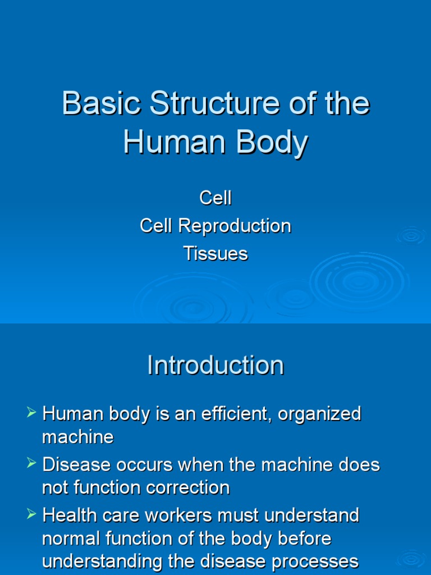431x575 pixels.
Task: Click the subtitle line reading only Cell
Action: coord(215,198)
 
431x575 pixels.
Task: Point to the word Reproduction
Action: coord(235,226)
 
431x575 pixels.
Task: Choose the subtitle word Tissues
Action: coord(215,254)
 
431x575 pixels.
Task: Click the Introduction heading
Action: coord(215,366)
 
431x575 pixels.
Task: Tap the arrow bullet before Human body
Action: coord(32,414)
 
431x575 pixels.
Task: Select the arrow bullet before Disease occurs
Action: coord(32,464)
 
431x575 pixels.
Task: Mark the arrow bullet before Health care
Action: coord(32,514)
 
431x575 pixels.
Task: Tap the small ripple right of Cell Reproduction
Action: coord(412,236)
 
